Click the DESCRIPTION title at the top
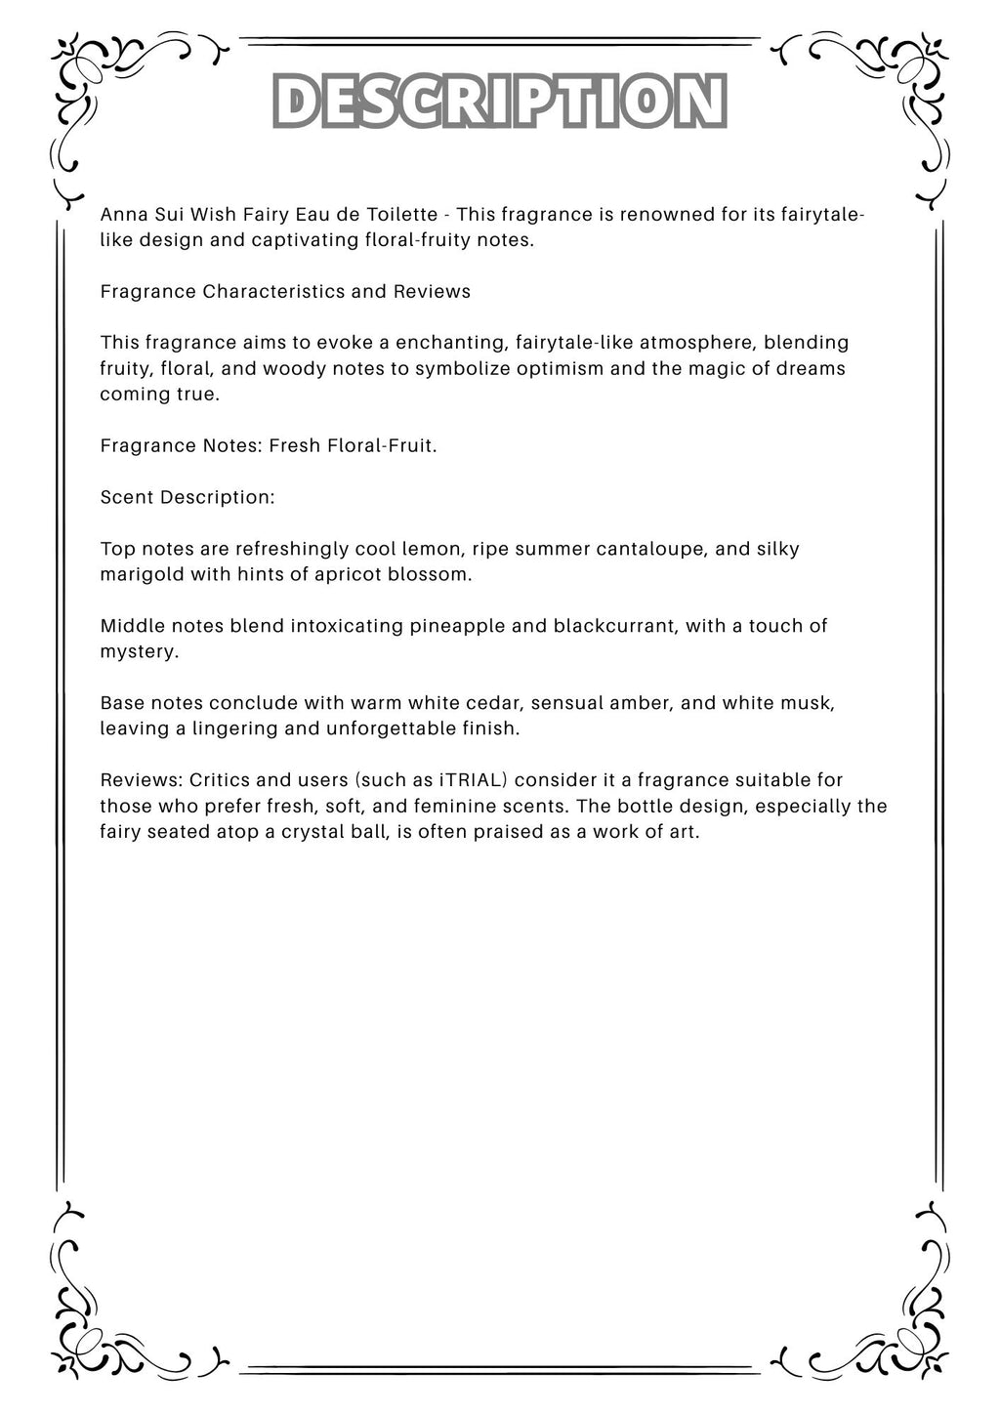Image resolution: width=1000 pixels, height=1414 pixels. point(499,102)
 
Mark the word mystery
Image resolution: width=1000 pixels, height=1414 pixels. point(139,651)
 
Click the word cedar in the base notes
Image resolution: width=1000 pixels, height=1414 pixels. point(488,703)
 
